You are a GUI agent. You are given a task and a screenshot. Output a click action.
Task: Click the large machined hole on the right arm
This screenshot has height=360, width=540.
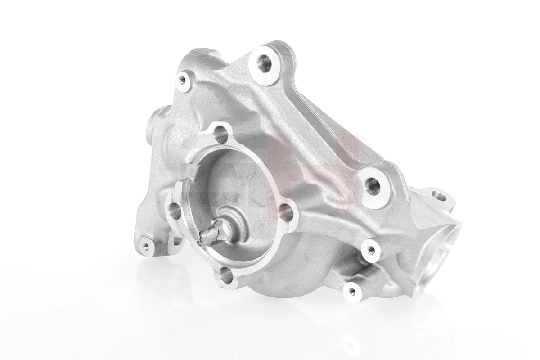coord(373,185)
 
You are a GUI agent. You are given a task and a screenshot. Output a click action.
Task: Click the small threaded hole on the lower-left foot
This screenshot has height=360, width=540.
coord(145,246)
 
